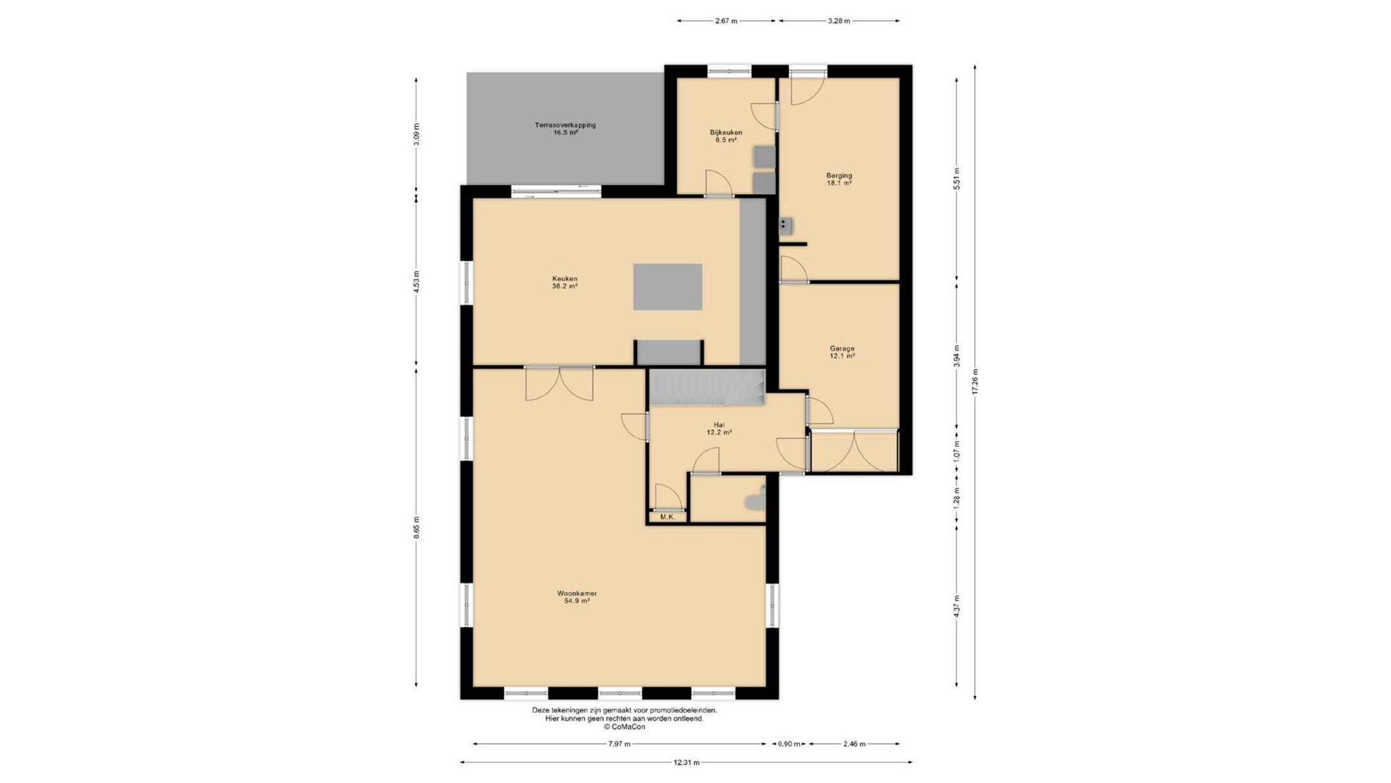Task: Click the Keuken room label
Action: (564, 282)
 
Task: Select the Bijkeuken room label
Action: (726, 136)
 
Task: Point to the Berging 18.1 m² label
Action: (839, 179)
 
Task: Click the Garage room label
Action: (842, 352)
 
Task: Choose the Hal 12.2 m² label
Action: (719, 429)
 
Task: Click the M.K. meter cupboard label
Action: (667, 517)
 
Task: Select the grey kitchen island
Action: (667, 287)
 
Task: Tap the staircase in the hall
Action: (706, 388)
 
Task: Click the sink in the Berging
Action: (785, 225)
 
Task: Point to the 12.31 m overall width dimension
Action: (686, 762)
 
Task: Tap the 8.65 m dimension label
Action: (416, 527)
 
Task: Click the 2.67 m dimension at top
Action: (726, 21)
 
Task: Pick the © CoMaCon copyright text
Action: (624, 726)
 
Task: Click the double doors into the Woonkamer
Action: (559, 383)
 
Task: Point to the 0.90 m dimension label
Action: (789, 744)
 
